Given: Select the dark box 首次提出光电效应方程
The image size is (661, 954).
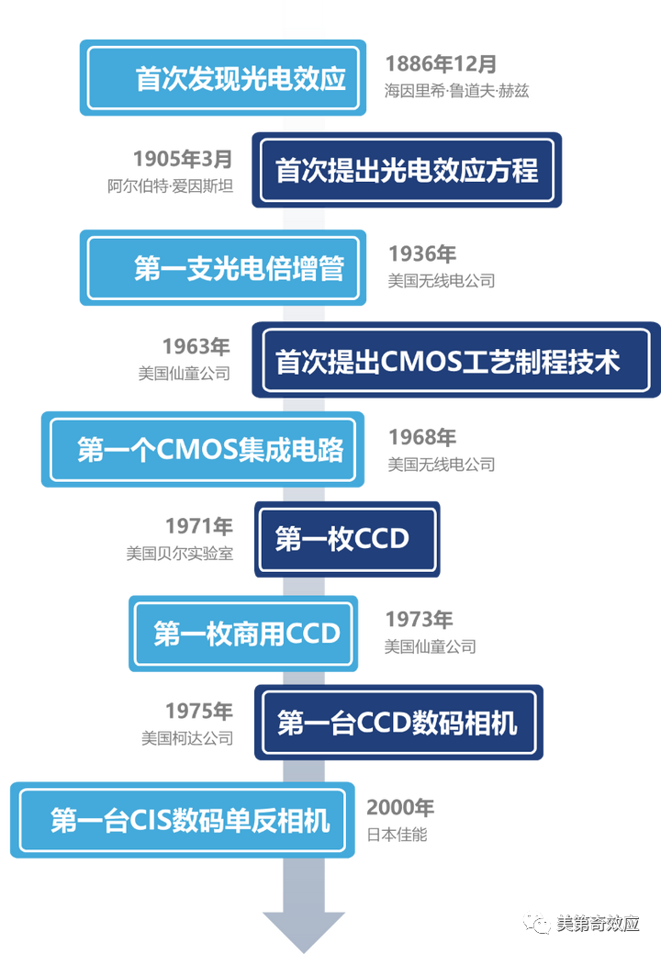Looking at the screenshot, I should [408, 171].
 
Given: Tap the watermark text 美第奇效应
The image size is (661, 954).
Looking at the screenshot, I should [598, 924].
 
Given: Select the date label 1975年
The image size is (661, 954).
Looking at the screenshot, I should [198, 711].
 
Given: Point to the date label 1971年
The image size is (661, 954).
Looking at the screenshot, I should [198, 526].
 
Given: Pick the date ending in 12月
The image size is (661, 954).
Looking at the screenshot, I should [442, 63].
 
